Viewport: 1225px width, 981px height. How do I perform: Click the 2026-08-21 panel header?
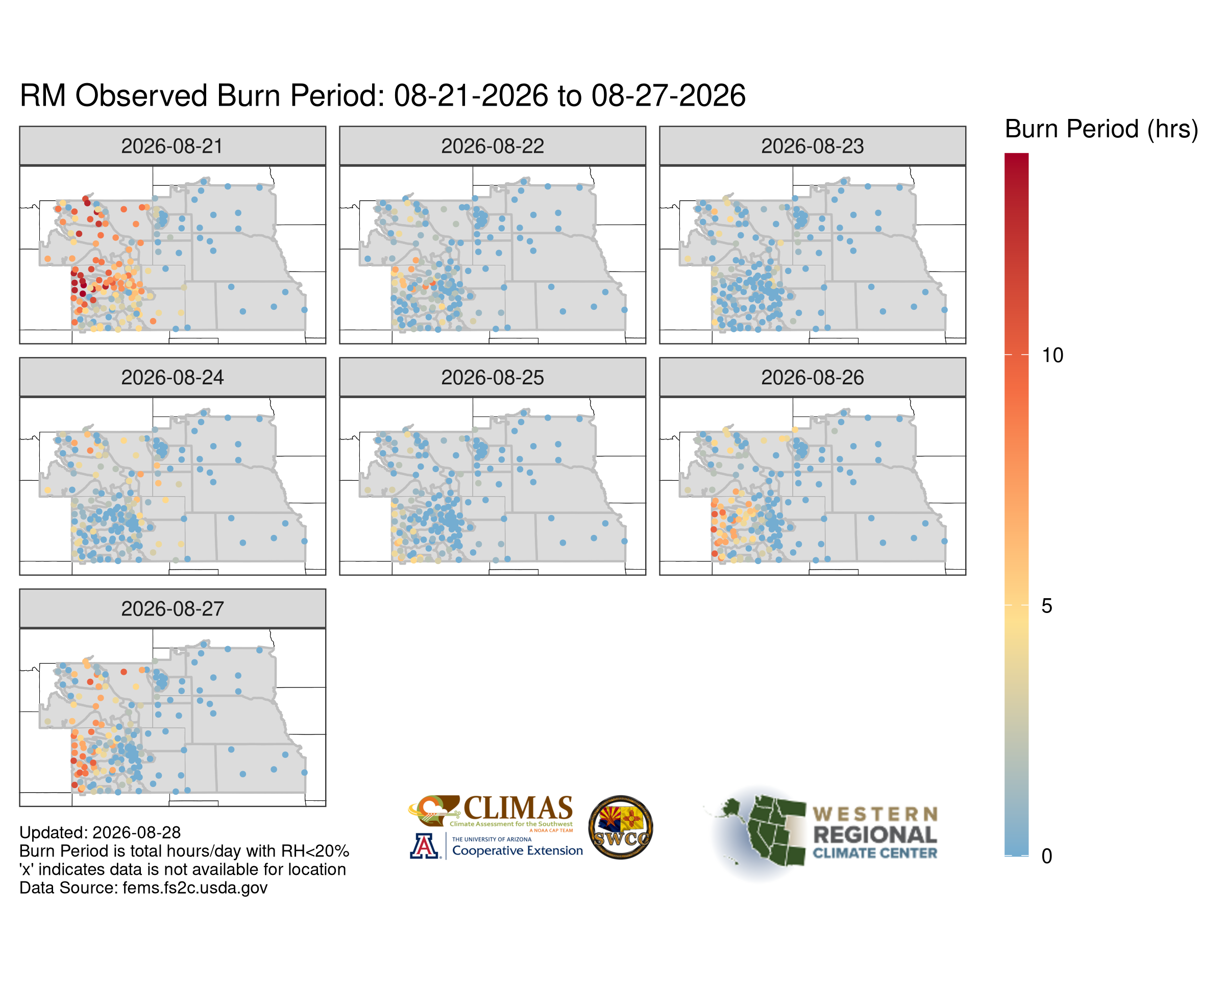pos(172,146)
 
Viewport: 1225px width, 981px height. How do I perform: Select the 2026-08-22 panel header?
pos(492,146)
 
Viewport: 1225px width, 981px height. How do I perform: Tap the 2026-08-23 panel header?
pos(812,146)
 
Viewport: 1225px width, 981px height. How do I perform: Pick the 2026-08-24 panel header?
pos(172,377)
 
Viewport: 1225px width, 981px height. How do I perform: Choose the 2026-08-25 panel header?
pos(492,377)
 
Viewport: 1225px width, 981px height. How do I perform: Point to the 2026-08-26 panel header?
pos(812,377)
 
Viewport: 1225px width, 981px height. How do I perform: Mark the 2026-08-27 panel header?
pos(172,608)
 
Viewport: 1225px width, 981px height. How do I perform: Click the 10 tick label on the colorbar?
pos(1051,356)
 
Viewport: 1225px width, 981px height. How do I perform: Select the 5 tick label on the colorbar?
pos(1046,606)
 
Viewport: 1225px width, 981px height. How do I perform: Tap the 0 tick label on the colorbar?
pos(1046,856)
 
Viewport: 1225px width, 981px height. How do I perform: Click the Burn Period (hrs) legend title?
pos(1101,130)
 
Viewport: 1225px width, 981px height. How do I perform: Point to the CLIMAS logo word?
pos(518,808)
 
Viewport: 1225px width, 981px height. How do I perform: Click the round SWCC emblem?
pos(621,827)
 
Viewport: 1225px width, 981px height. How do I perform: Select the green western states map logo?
pos(762,830)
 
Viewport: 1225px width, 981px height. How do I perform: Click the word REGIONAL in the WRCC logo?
pos(875,835)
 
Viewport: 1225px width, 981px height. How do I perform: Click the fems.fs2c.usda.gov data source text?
pos(195,887)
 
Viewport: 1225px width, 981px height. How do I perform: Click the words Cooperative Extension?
pos(517,850)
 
